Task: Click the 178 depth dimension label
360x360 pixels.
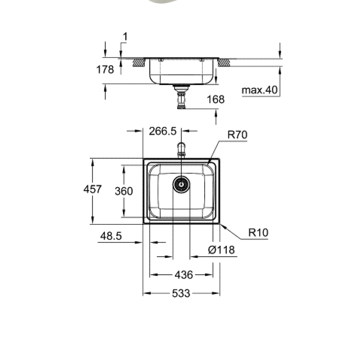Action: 105,69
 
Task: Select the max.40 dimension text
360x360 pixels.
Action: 260,90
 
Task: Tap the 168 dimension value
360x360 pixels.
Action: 216,99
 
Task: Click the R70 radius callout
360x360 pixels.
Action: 237,135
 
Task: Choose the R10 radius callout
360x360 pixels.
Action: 258,232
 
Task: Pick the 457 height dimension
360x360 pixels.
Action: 93,189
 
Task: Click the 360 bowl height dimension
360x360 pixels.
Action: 124,191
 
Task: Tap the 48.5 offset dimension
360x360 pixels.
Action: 111,236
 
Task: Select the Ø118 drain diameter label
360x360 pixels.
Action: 221,250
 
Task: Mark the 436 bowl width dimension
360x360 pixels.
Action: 184,275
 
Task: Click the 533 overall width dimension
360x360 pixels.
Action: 181,293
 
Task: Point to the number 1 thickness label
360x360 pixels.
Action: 125,37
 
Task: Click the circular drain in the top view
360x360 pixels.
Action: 181,185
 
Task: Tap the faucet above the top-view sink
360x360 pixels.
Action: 181,149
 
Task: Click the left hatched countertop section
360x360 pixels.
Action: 138,62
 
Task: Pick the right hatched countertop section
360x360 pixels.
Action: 224,63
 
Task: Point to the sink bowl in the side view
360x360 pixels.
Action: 181,72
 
